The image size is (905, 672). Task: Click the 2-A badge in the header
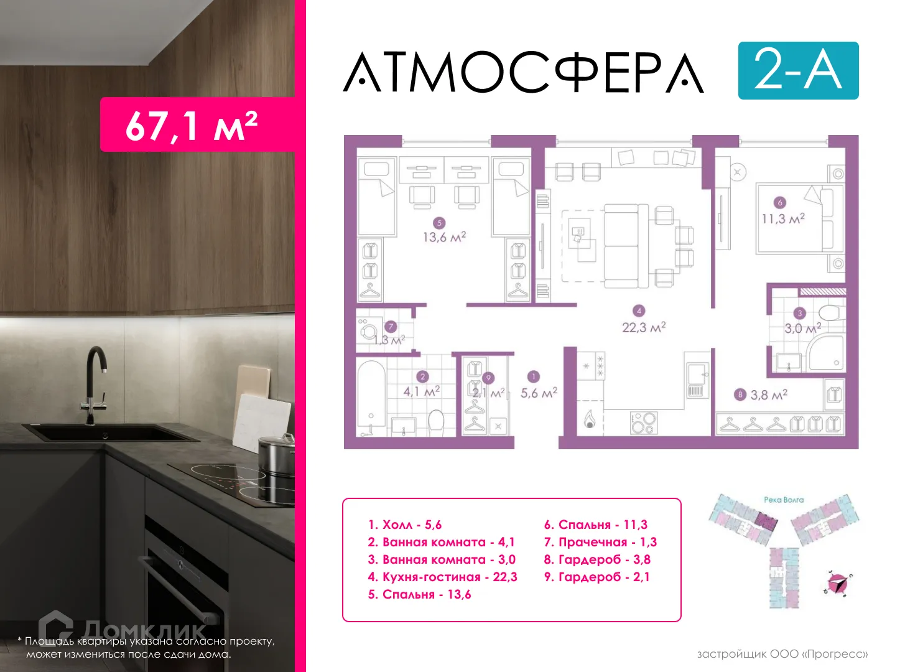pos(798,70)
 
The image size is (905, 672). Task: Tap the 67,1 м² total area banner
pos(192,125)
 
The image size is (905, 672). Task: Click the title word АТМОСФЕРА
pos(524,73)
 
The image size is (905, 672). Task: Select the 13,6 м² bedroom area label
pos(444,237)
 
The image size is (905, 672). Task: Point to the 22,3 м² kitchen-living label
pos(644,327)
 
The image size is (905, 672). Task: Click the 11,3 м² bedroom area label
pos(783,218)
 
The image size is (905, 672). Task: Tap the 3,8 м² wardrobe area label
pos(768,394)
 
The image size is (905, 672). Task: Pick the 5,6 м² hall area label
pos(539,393)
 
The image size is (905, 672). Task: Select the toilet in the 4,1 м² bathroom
pos(436,422)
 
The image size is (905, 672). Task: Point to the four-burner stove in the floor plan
pos(643,423)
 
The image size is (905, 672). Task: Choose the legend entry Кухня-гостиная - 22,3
pos(442,577)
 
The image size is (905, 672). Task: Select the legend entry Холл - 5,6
pos(405,525)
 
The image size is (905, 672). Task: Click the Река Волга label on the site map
pos(783,500)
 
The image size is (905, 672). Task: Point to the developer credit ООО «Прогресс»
pos(782,654)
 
